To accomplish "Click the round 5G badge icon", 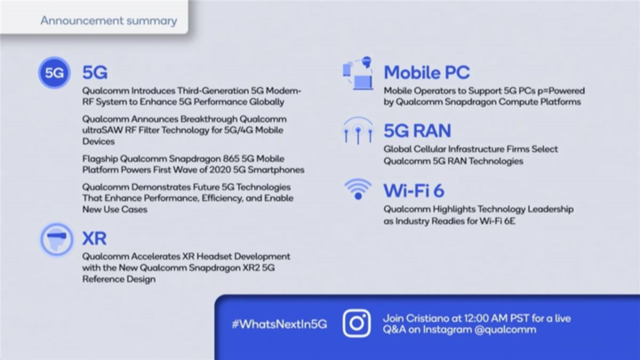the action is coord(54,73).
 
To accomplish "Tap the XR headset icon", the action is coord(57,239).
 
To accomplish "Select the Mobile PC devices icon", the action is coord(358,74).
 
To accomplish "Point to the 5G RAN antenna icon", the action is coord(358,131).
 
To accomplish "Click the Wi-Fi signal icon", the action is coord(358,189).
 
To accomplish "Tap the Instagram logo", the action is coord(356,324).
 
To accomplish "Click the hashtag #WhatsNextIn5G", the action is coord(280,324).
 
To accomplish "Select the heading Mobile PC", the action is coord(427,73).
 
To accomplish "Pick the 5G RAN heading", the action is coord(417,131).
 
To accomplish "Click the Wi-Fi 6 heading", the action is coord(414,190).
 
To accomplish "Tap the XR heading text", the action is coord(94,238).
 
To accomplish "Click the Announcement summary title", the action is coord(108,20).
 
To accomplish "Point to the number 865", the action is coord(231,158).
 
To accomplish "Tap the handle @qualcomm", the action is coord(505,330).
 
